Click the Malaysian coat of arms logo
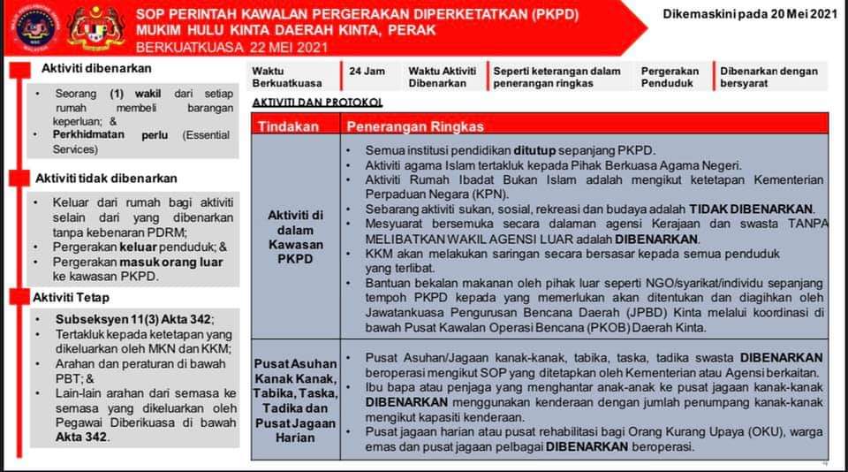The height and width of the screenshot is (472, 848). (x=95, y=27)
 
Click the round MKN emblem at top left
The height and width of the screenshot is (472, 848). (x=32, y=27)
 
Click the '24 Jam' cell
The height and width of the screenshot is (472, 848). (x=366, y=71)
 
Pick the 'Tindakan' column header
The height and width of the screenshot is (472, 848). (x=288, y=126)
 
